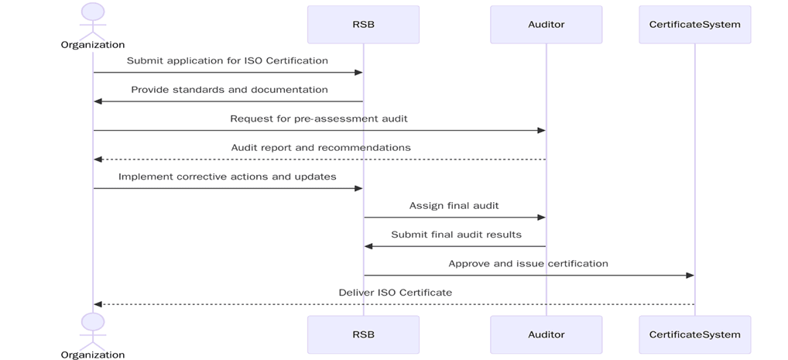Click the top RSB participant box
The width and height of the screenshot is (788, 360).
point(363,24)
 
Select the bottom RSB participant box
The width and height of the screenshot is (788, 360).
point(363,334)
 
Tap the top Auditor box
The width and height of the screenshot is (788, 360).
point(546,24)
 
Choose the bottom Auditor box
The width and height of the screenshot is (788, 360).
point(546,334)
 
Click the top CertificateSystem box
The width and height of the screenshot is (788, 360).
point(694,24)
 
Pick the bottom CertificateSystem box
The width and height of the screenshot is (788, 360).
point(694,334)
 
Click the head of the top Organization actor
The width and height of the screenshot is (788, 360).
point(93,12)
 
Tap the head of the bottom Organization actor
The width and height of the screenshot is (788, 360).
point(93,321)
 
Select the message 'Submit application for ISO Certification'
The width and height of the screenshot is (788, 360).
point(228,60)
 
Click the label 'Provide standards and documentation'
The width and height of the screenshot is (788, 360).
point(229,90)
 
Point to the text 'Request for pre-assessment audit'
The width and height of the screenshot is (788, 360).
point(319,118)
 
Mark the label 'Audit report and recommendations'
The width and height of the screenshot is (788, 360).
point(320,147)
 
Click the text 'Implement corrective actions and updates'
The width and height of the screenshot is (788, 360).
point(228,177)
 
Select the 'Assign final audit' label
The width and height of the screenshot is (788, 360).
point(454,205)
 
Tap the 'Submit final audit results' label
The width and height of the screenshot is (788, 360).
point(456,235)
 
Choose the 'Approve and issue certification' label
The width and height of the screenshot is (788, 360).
point(528,263)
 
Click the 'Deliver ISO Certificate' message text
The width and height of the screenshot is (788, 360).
point(395,293)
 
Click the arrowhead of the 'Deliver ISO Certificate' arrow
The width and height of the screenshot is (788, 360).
point(98,304)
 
